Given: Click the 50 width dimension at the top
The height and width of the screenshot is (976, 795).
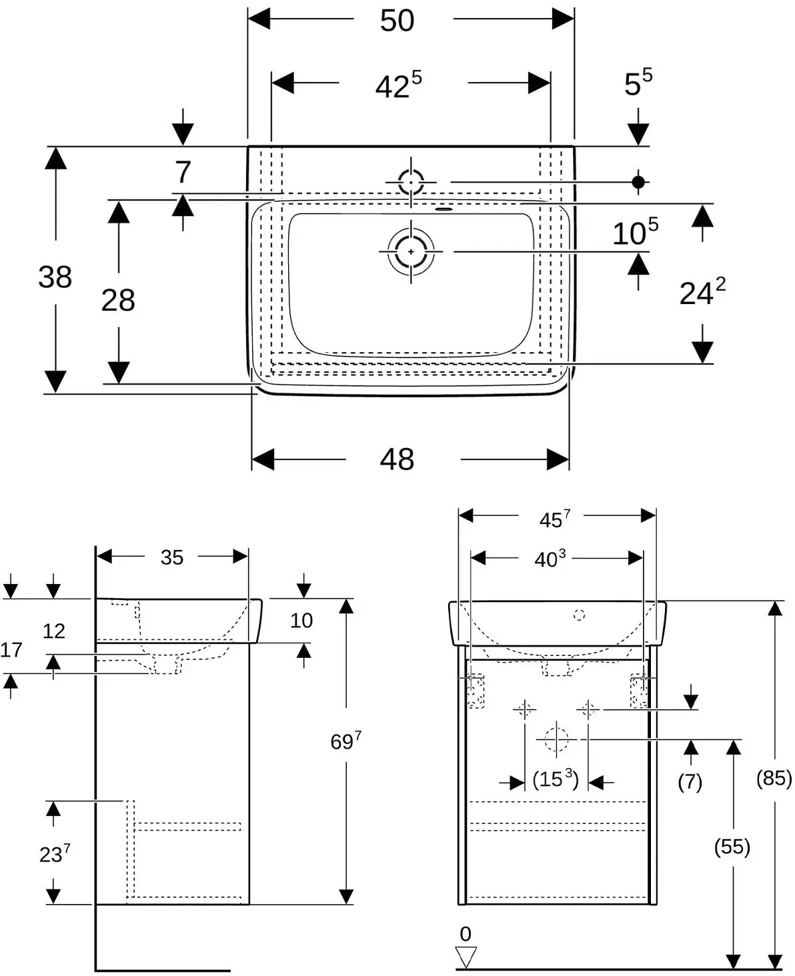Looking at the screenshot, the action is (397, 21).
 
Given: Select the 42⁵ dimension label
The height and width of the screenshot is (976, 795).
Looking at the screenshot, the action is (398, 85).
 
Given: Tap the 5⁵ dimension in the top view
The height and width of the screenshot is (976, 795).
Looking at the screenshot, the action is (638, 83).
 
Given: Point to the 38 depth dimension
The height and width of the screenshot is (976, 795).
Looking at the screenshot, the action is (55, 277).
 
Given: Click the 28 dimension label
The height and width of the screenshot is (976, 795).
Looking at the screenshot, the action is (118, 301).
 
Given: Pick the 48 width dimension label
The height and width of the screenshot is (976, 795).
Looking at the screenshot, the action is (397, 459).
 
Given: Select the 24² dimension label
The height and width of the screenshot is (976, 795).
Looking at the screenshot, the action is (702, 292).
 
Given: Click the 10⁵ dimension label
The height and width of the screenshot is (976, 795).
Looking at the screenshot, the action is (636, 231).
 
